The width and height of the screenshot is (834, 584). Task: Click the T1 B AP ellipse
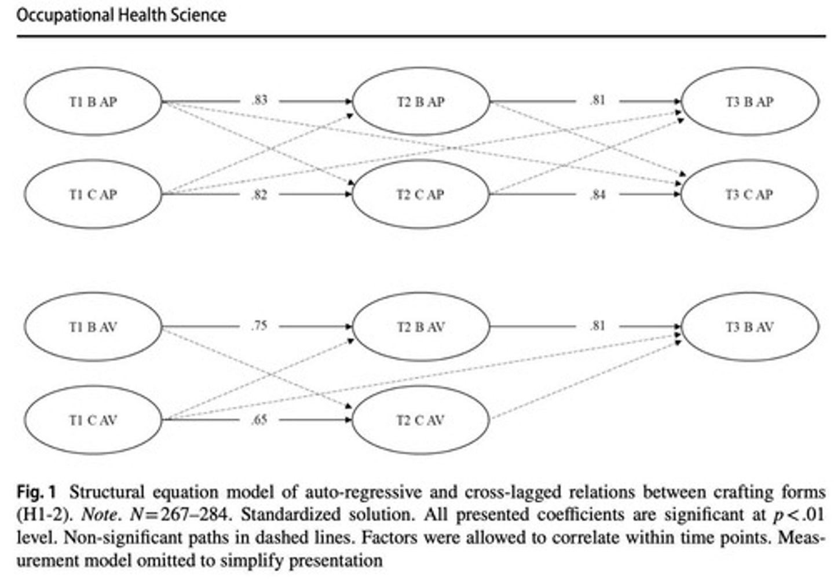(x=93, y=101)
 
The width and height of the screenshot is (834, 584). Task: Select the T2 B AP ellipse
(x=421, y=101)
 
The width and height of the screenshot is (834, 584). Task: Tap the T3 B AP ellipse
(x=749, y=101)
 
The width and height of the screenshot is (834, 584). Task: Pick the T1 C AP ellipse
(x=93, y=195)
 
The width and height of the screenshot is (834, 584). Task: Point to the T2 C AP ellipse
(x=421, y=195)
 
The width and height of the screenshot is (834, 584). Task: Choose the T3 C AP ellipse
(x=749, y=195)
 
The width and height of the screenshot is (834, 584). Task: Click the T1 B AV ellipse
(x=93, y=327)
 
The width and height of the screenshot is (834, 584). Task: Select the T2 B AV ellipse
(x=421, y=327)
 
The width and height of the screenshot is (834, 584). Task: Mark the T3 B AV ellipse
(x=749, y=327)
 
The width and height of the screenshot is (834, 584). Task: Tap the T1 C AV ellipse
(x=93, y=420)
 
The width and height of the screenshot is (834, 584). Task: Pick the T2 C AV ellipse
(x=421, y=420)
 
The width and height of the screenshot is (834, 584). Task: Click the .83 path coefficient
(x=259, y=100)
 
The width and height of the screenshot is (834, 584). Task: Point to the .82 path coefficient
(x=259, y=195)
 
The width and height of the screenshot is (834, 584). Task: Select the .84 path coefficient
(x=597, y=195)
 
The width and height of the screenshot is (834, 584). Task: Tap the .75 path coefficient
(x=259, y=326)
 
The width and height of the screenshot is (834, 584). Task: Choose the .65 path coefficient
(x=259, y=419)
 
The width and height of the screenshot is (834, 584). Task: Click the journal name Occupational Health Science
(x=121, y=14)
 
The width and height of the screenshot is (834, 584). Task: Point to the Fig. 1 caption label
(x=36, y=492)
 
